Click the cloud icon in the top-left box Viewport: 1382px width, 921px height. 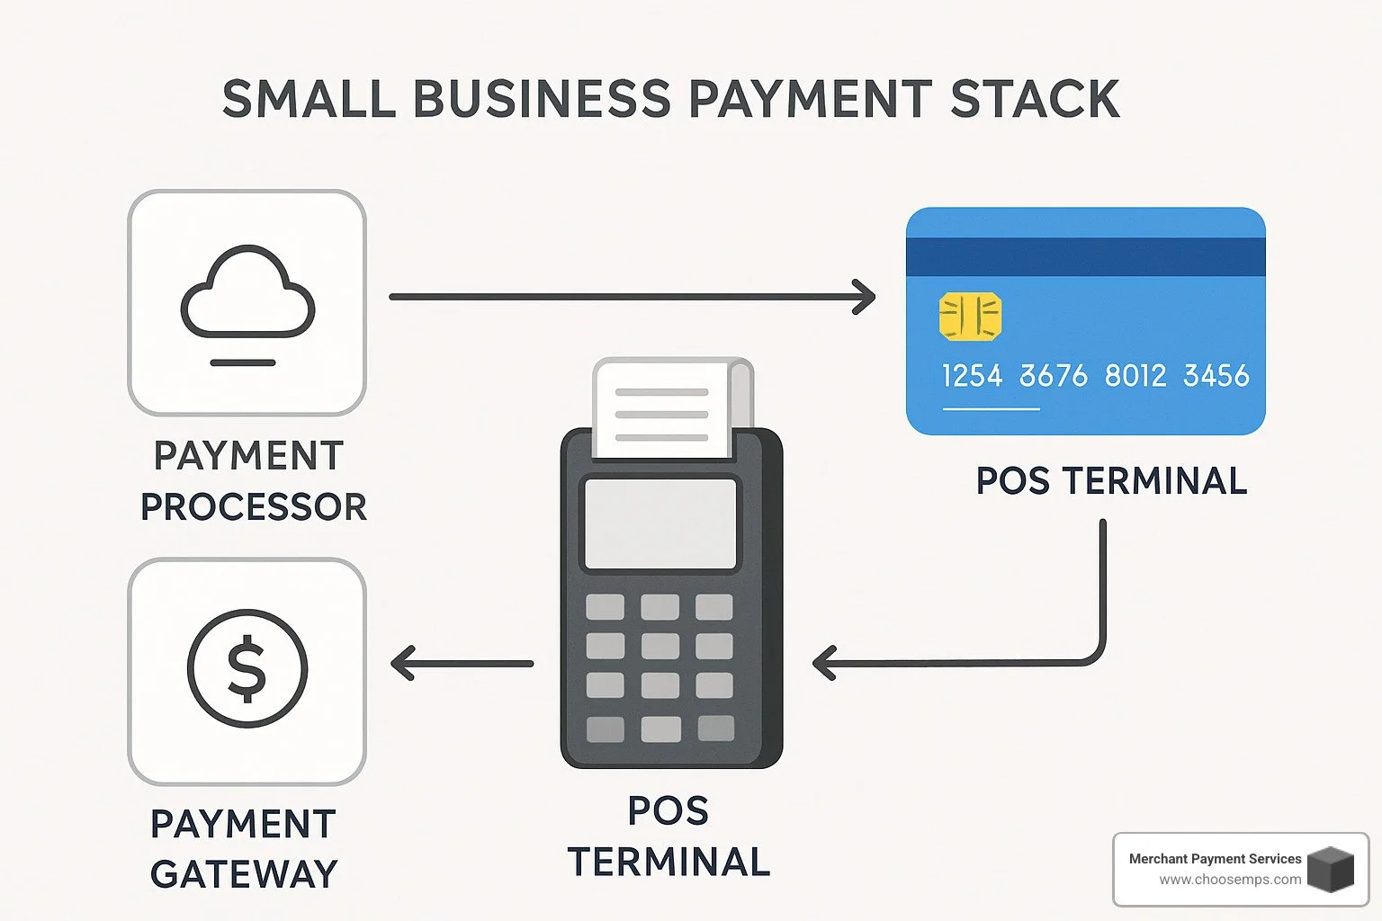pyautogui.click(x=247, y=292)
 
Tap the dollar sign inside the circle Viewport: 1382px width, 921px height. pyautogui.click(x=247, y=668)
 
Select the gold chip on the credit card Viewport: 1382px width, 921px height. pyautogui.click(x=970, y=317)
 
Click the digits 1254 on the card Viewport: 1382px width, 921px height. pyautogui.click(x=972, y=375)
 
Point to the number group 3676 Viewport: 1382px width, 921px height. pyautogui.click(x=1053, y=375)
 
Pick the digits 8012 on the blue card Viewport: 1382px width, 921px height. pyautogui.click(x=1135, y=375)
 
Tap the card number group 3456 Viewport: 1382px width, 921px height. pyautogui.click(x=1216, y=375)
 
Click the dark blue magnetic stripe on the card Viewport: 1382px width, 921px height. pyautogui.click(x=1085, y=256)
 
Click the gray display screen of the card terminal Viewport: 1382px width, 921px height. pyautogui.click(x=660, y=523)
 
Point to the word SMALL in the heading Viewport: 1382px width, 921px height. pyautogui.click(x=309, y=99)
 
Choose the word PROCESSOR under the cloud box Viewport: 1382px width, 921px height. pyautogui.click(x=254, y=507)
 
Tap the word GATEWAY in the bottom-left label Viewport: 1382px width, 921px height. pyautogui.click(x=244, y=874)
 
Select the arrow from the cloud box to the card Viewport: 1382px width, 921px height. pyautogui.click(x=630, y=297)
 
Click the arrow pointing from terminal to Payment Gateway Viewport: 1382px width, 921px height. pyautogui.click(x=462, y=664)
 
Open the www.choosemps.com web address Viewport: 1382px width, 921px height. pyautogui.click(x=1229, y=880)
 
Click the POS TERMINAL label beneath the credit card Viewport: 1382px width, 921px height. pyautogui.click(x=1111, y=481)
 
